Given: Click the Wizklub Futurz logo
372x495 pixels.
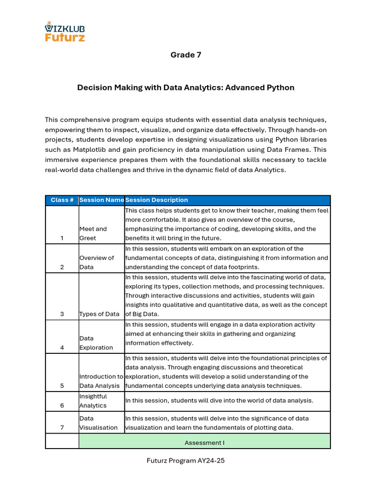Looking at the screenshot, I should [64, 31].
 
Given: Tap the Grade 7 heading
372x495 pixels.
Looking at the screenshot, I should [186, 55].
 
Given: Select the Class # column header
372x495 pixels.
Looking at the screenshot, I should [62, 200].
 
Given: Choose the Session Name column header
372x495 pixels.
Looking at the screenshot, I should [101, 200].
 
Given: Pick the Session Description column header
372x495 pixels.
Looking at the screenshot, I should [156, 200].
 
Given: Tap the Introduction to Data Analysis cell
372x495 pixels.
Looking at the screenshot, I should [101, 381].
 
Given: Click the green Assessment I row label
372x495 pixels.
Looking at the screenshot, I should [204, 442].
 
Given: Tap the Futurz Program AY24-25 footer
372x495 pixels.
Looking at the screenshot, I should [186, 461].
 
